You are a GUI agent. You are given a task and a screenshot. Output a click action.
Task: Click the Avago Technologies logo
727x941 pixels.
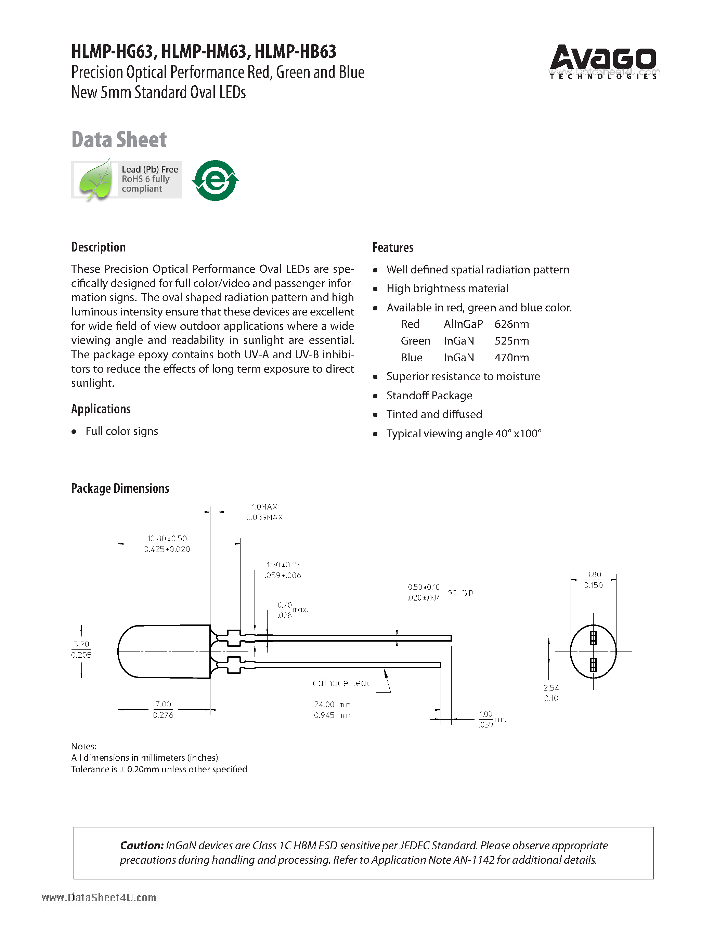[x=602, y=62]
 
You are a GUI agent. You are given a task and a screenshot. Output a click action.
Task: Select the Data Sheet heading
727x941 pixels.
[x=119, y=140]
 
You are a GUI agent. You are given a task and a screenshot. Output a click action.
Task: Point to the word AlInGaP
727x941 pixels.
[x=463, y=324]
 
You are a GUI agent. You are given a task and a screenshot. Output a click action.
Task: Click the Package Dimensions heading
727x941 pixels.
[x=120, y=488]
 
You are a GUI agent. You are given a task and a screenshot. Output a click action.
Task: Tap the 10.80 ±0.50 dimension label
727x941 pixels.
[x=167, y=539]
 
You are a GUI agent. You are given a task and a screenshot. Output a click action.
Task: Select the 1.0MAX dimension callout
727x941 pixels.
[x=264, y=507]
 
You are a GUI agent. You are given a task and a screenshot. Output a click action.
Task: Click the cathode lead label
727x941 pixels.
[x=342, y=683]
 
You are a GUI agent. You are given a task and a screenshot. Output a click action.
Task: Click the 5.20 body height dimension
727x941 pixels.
[x=81, y=645]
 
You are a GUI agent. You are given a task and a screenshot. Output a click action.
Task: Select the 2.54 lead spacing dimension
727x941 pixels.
[x=551, y=688]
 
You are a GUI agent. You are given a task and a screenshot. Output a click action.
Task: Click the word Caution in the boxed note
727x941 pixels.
[x=141, y=846]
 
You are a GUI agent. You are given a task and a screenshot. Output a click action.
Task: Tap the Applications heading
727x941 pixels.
[x=101, y=409]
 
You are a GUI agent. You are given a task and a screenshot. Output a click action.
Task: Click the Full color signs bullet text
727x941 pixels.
[x=121, y=431]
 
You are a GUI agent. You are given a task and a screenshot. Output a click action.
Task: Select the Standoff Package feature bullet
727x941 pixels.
[x=429, y=396]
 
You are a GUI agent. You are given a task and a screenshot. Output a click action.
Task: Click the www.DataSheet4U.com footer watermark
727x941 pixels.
[x=99, y=898]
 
